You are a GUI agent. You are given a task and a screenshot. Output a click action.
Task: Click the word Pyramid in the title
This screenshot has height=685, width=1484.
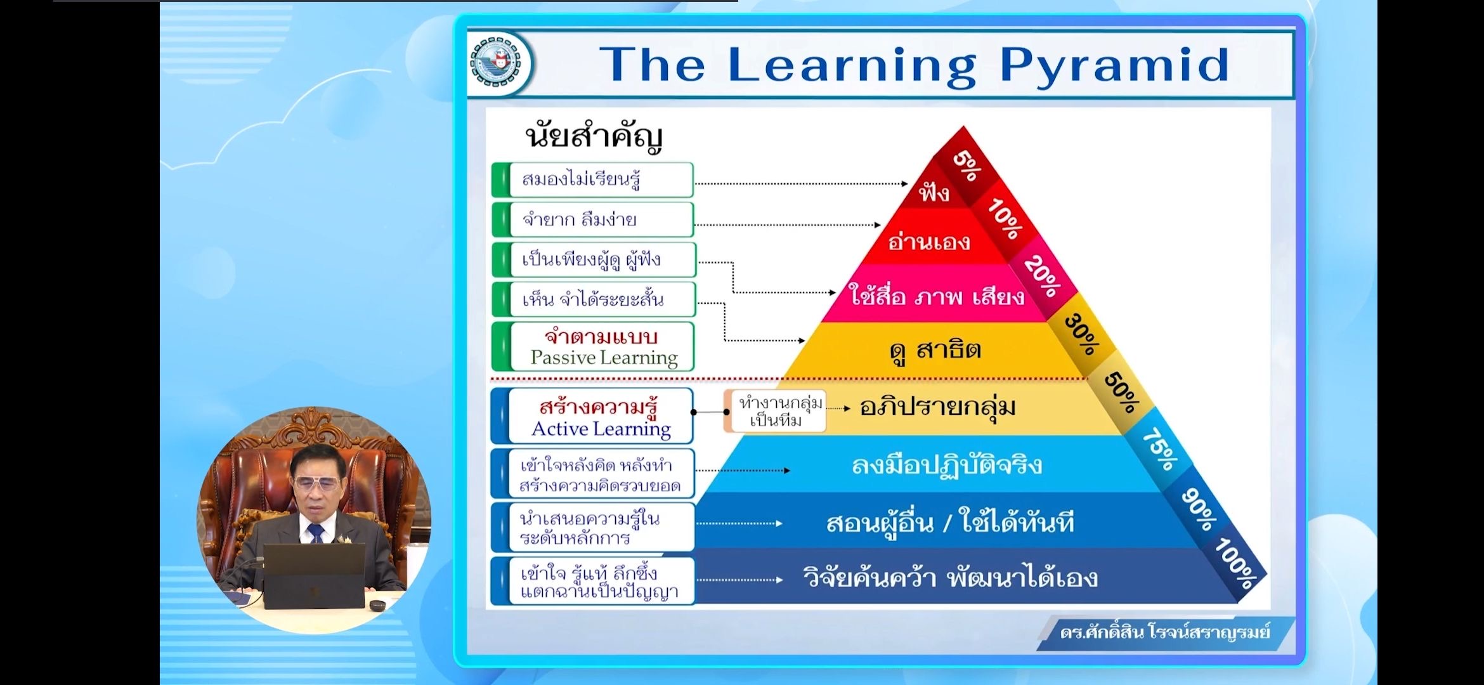pos(1115,66)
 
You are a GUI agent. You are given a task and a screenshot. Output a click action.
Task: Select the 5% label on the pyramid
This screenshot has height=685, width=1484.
pos(967,166)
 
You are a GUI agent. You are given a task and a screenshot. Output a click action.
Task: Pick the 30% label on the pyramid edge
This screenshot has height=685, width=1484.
pos(1081,334)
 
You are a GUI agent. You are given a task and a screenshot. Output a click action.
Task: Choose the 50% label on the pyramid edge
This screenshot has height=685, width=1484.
pos(1121,391)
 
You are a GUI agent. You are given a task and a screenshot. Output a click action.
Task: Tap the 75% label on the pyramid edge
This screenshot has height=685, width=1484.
pos(1159,450)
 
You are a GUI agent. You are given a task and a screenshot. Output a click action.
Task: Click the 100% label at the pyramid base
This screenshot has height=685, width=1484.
pos(1237,564)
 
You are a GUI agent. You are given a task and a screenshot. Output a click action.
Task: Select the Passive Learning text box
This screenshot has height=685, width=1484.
pos(593,347)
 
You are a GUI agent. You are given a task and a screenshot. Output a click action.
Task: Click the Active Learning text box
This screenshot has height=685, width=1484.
pos(592,417)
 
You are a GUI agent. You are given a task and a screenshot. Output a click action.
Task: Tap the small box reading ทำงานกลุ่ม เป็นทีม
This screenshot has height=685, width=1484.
pos(776,411)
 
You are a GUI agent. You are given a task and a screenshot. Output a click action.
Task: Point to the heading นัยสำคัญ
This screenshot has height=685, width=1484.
pos(594,137)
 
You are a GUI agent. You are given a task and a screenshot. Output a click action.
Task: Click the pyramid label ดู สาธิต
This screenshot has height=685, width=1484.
pos(935,350)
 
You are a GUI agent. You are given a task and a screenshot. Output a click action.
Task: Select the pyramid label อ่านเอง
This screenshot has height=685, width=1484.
pos(929,241)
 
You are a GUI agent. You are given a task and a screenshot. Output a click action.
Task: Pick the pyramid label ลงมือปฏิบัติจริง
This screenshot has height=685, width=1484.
pos(946,466)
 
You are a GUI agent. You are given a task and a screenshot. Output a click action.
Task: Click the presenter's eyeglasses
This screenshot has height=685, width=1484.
pos(316,483)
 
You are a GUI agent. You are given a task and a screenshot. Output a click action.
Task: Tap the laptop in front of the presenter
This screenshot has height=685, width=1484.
pos(314,576)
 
